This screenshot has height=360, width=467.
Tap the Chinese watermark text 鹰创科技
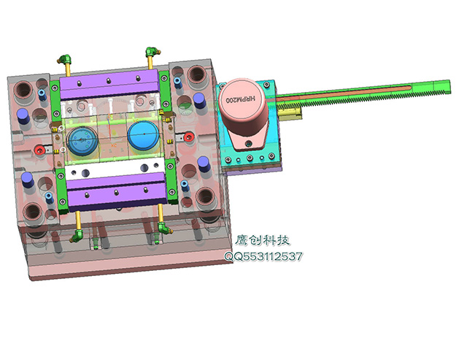point(263,240)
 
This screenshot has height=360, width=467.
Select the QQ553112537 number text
point(263,256)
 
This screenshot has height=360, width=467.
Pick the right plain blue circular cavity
point(143,135)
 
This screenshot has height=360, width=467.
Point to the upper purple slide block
point(109,84)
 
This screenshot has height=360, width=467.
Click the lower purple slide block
point(117,191)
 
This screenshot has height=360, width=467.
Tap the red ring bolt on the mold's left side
point(39,150)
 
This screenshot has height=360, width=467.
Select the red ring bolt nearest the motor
point(188,137)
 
